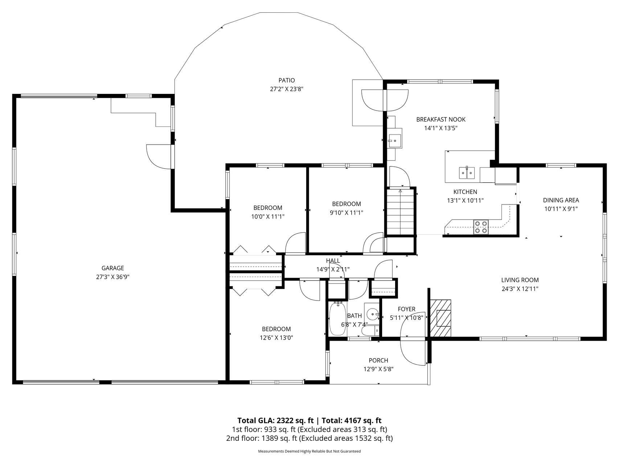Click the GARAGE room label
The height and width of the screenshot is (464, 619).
[112, 268]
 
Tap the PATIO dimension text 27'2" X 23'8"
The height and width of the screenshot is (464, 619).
[286, 89]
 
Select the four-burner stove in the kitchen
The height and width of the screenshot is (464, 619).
[481, 227]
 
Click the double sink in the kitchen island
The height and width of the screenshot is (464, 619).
[467, 173]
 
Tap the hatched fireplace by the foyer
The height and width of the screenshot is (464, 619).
[440, 318]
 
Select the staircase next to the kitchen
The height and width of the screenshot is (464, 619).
[400, 212]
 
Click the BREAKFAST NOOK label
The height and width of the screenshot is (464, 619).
[440, 120]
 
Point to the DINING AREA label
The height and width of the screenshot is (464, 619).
[561, 200]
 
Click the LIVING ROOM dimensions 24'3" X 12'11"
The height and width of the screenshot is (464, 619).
[520, 289]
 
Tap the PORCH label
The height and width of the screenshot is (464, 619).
[378, 360]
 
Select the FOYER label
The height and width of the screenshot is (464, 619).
[406, 309]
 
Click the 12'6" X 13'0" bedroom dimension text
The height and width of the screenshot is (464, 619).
[276, 338]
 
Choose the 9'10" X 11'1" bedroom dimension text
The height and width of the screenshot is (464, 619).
[346, 213]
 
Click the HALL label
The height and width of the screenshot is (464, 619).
[333, 261]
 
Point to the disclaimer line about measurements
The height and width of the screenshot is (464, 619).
[309, 451]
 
